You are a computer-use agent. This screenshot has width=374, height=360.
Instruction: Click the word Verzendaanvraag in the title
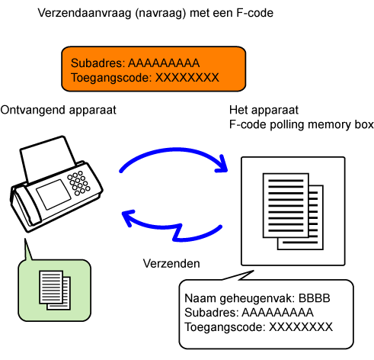85,13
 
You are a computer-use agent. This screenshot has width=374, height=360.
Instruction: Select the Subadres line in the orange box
135,63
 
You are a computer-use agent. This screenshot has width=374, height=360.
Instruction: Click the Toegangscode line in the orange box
145,78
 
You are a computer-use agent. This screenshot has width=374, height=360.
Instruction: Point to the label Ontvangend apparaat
58,111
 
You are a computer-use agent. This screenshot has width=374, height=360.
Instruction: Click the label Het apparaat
264,111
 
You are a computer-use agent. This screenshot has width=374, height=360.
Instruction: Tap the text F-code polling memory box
302,124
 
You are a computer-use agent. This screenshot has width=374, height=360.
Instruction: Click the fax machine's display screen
53,194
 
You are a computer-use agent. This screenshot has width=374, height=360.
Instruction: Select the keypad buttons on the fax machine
78,183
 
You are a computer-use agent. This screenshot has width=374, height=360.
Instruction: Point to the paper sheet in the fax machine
48,158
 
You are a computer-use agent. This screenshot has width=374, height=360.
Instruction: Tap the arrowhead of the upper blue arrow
222,165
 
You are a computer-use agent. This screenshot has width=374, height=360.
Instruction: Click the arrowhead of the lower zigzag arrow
128,217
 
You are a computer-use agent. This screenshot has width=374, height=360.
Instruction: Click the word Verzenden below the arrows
171,264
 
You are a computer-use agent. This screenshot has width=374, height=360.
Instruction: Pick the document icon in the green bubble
55,291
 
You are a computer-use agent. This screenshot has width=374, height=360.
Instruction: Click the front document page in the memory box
286,205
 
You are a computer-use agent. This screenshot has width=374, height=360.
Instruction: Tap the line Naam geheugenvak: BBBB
257,298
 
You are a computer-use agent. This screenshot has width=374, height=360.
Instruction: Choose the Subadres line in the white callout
249,313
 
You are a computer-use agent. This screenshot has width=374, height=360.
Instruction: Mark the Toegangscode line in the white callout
258,327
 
